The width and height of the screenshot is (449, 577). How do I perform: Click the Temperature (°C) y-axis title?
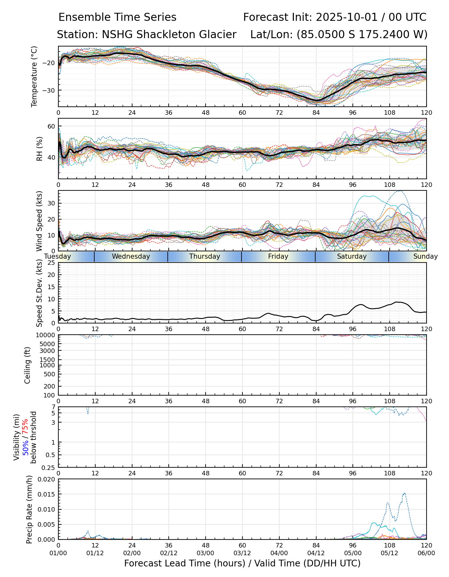34,76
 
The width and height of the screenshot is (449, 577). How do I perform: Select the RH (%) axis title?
39,149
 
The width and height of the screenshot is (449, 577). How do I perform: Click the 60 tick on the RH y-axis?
51,126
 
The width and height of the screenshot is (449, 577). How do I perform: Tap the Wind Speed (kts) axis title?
39,221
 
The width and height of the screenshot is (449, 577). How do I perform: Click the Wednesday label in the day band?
131,256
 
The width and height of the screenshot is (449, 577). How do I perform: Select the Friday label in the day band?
278,256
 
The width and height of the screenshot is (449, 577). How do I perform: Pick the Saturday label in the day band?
352,256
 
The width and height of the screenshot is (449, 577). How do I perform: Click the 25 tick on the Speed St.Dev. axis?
51,263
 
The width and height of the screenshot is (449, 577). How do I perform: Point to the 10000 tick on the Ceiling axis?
47,335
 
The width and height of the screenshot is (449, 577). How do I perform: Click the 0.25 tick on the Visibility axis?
48,467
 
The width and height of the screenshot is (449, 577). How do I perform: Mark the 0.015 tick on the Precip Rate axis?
47,494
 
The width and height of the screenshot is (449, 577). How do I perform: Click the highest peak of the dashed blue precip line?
404,493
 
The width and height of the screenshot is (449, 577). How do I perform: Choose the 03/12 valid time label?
242,554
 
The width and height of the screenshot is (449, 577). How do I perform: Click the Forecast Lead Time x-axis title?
242,563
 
